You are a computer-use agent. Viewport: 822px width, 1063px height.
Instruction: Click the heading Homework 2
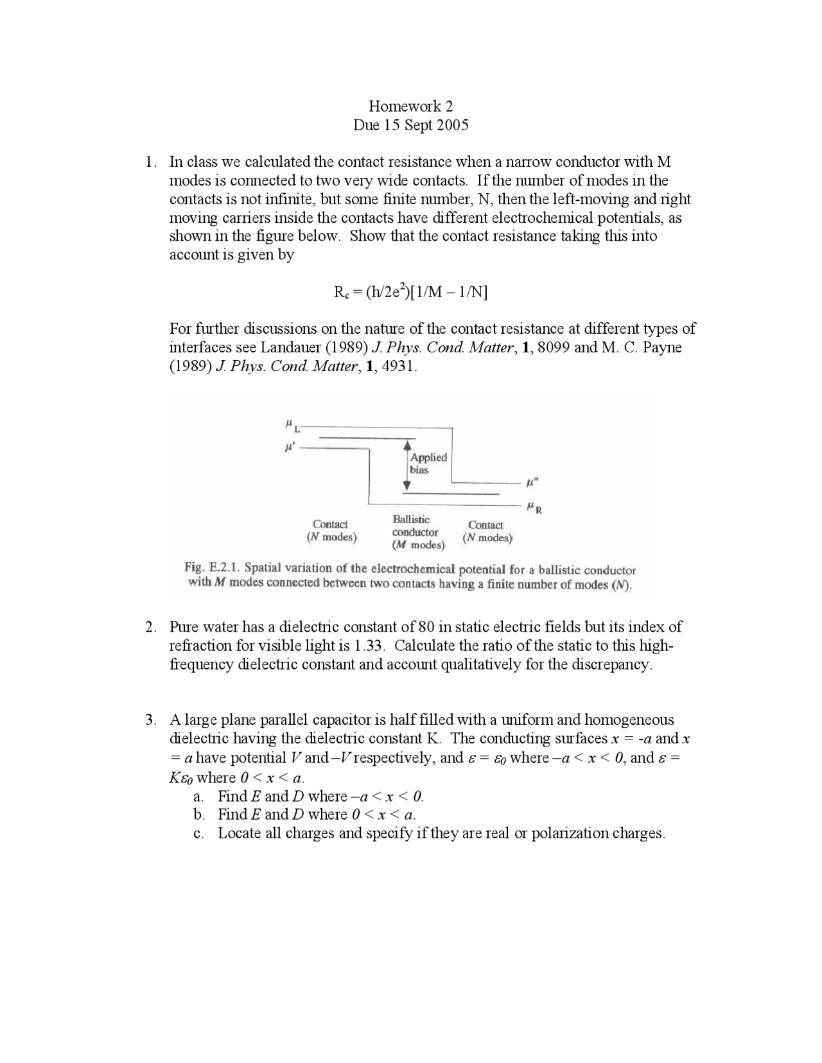[x=410, y=106]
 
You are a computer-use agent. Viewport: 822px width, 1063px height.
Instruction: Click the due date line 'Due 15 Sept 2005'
[x=410, y=125]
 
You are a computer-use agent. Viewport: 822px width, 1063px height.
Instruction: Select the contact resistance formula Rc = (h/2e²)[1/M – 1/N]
[x=410, y=293]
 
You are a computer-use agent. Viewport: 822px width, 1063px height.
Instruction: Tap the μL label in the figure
[x=290, y=425]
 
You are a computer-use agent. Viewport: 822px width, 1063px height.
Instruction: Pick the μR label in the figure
[x=534, y=509]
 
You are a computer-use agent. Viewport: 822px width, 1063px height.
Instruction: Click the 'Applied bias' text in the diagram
[x=428, y=463]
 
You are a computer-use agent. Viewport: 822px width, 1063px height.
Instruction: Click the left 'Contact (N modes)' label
[x=331, y=531]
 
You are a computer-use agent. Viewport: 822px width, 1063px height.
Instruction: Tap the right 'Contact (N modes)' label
[x=487, y=531]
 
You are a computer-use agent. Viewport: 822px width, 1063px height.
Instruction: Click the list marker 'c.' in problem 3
[x=198, y=834]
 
